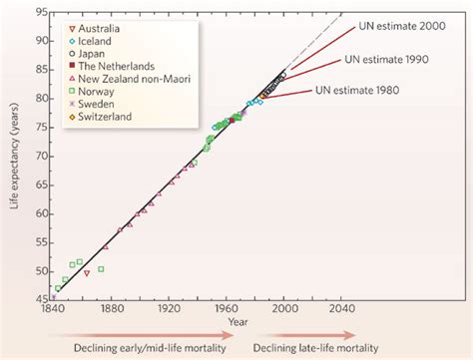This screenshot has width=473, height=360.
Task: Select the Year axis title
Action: [238, 321]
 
